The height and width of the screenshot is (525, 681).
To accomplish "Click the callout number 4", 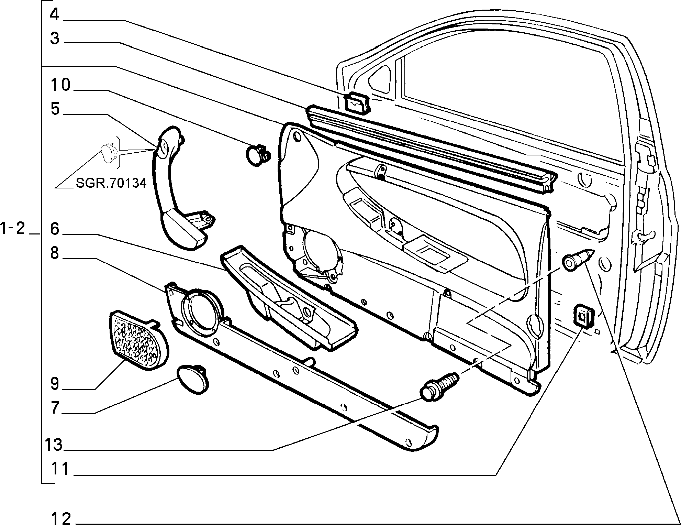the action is (55, 15).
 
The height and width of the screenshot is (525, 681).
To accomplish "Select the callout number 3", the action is (55, 39).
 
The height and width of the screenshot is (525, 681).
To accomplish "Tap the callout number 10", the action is (60, 85).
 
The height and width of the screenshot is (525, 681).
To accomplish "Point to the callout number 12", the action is (61, 518).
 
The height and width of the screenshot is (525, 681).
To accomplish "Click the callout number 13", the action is (54, 445).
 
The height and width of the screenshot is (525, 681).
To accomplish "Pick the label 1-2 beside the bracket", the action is (13, 229).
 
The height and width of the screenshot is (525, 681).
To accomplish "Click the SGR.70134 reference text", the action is (111, 183).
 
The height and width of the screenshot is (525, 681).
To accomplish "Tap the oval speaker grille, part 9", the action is (138, 340).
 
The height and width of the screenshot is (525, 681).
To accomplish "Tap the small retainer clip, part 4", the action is (357, 103).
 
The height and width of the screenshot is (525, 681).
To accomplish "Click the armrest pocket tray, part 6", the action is (289, 297).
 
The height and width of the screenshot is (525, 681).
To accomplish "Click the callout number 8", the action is (55, 253).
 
